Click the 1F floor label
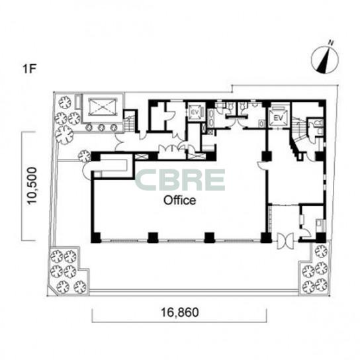click(30, 69)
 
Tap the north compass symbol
click(325, 60)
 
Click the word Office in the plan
click(179, 201)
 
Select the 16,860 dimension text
click(180, 312)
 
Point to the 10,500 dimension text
click(32, 186)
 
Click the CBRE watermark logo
click(181, 180)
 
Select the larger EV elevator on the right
click(279, 116)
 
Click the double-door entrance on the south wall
click(285, 241)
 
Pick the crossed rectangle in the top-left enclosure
click(102, 107)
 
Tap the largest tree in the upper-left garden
click(64, 134)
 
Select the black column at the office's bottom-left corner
click(96, 238)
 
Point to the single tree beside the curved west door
click(85, 156)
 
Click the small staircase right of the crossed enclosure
click(130, 123)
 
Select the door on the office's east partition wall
click(262, 165)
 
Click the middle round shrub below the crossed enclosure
click(101, 128)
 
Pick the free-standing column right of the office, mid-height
click(267, 156)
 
